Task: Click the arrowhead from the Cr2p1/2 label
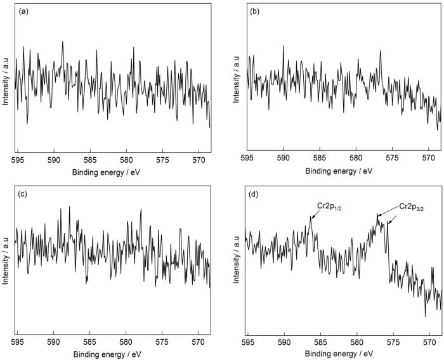[312, 217]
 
